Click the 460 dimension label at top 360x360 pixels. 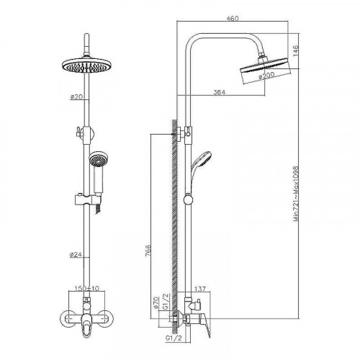tap(233, 19)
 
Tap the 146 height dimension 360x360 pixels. tap(295, 50)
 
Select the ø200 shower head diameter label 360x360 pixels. tap(266, 76)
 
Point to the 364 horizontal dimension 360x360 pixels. tap(220, 92)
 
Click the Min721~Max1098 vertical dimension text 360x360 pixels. tap(296, 194)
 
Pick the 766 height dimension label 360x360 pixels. tap(148, 251)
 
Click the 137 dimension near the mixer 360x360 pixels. tap(200, 289)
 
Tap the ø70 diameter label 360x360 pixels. tap(156, 302)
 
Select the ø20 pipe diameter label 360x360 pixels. tap(76, 96)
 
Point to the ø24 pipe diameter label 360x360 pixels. tap(76, 255)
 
